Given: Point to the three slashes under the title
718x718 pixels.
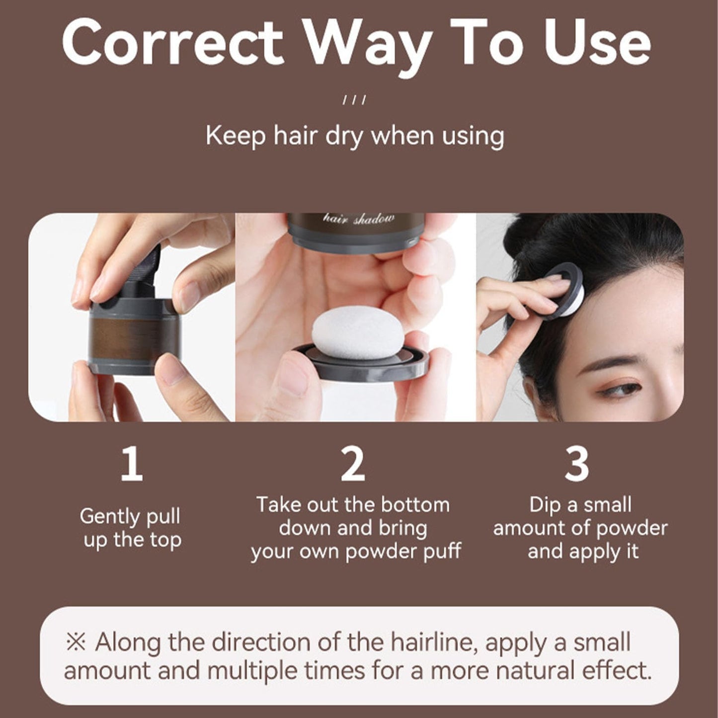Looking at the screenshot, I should point(354,100).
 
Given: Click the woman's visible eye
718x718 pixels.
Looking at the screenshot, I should point(624,388).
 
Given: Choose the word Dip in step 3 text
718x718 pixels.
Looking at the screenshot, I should point(546,505).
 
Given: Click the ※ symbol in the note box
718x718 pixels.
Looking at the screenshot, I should point(76,642).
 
